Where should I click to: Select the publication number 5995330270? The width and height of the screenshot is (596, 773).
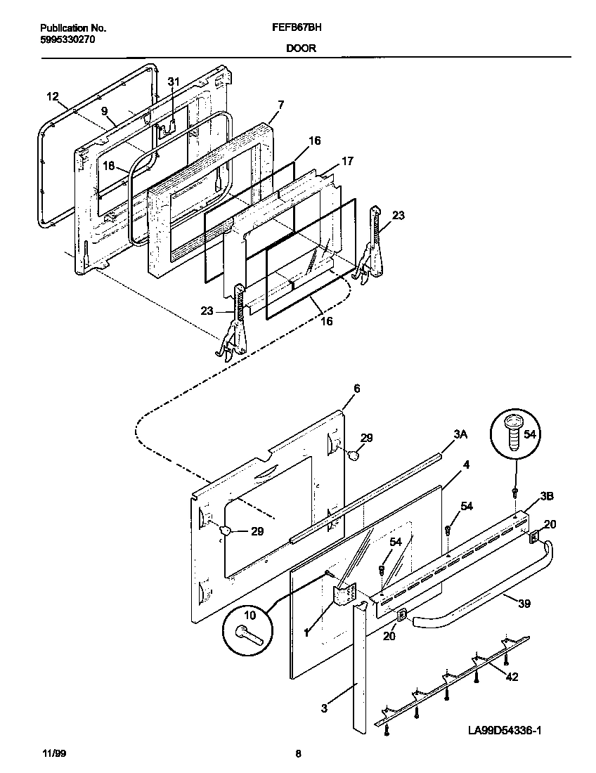67,39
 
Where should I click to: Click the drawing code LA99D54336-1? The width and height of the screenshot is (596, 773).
504,731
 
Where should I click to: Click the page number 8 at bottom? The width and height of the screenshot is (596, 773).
298,755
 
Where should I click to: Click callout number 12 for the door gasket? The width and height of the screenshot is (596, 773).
53,96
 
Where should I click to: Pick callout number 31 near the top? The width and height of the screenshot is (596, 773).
174,82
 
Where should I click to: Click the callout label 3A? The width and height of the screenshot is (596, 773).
460,436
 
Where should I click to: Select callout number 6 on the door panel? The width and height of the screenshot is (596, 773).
356,389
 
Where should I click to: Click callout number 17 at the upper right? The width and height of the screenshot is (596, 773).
346,161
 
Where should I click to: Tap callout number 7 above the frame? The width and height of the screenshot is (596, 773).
280,105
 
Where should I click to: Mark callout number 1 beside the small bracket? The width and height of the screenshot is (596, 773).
306,632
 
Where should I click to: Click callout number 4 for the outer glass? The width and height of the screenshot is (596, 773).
466,465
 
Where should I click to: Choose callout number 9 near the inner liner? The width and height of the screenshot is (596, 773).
104,111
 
